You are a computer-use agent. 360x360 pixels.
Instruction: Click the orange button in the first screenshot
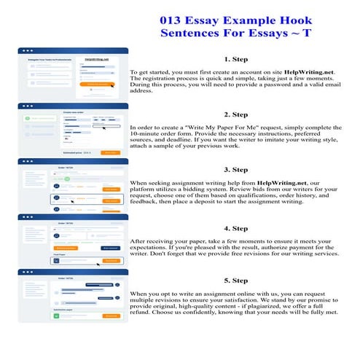[x=99, y=85]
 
